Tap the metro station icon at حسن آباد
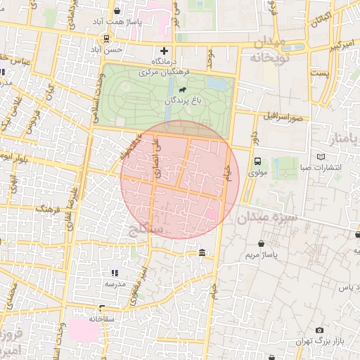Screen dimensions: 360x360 click(x=105, y=38)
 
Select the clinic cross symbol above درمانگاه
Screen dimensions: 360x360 click(x=165, y=51)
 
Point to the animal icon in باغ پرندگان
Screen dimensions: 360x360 click(x=182, y=89)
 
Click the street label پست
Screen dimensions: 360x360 click(x=320, y=72)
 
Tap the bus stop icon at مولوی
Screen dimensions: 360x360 click(x=257, y=160)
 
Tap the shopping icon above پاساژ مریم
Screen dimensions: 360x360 click(x=262, y=243)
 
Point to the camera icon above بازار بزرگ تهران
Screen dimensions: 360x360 click(x=319, y=330)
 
